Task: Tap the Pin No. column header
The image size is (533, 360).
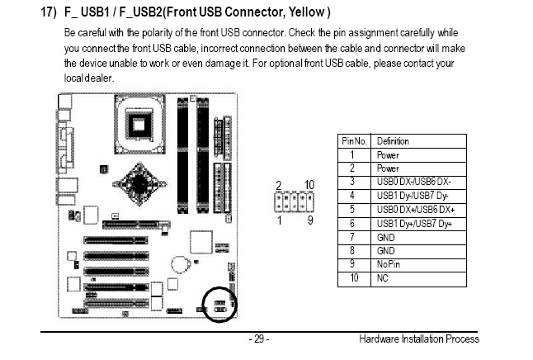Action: click(355, 141)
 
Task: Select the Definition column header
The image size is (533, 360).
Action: click(393, 141)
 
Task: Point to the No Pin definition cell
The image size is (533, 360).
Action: click(389, 264)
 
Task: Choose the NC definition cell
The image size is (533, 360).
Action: click(382, 278)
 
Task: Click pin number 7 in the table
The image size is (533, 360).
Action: click(353, 237)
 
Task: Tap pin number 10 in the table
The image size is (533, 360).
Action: click(353, 278)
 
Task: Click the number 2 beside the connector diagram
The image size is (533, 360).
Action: click(279, 184)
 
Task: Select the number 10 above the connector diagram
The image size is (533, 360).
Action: click(309, 184)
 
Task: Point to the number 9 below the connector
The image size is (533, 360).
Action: click(310, 221)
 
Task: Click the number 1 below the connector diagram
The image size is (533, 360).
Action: click(279, 221)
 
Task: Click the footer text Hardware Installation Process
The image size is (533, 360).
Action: click(419, 339)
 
